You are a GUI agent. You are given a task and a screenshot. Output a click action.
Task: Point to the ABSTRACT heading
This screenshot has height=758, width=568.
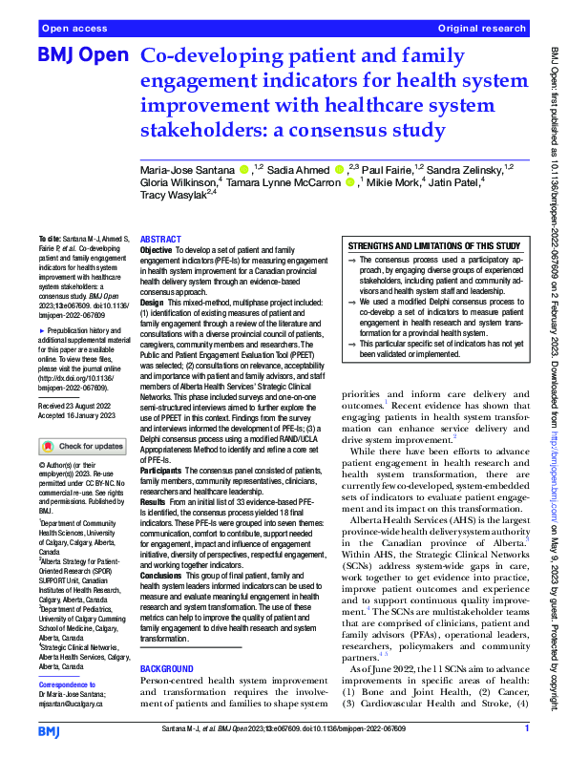159,240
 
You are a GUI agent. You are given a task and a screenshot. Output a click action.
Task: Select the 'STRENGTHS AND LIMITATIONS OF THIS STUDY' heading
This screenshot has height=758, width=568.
433,245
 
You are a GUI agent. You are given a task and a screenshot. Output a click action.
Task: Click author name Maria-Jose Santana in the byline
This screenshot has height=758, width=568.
187,170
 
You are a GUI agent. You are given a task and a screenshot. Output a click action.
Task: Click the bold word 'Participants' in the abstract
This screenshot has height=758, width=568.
162,497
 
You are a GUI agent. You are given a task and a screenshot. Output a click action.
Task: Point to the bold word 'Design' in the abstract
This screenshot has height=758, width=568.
153,301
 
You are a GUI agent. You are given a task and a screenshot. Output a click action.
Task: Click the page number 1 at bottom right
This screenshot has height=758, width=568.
526,728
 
